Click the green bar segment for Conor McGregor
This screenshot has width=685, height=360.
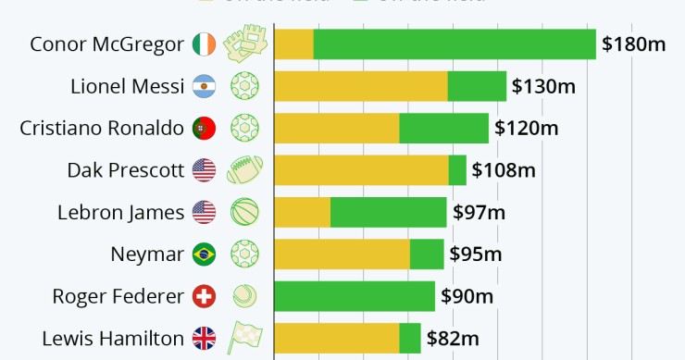[455, 44]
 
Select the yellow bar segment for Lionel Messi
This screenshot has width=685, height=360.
[361, 86]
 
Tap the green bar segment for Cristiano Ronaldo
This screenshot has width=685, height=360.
[443, 128]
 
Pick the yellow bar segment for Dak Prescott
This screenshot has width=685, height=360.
[361, 170]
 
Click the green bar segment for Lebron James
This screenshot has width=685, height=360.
[388, 212]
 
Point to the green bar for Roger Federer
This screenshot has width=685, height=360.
[355, 296]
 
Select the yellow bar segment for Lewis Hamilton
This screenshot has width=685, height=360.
[337, 338]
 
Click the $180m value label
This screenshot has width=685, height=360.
[634, 44]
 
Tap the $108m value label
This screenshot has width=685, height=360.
[504, 170]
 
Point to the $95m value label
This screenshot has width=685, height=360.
[476, 254]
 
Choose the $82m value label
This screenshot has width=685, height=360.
[453, 338]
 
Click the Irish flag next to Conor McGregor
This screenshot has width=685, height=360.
[204, 44]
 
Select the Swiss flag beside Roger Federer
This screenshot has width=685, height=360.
[204, 296]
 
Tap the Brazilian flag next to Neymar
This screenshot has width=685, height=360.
[204, 254]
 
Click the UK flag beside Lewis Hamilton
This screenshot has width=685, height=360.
[204, 338]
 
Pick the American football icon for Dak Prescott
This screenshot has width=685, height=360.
[245, 170]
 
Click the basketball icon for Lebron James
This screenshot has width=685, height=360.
[245, 212]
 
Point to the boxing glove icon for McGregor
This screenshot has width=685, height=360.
[245, 44]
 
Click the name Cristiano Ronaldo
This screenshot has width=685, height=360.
[102, 128]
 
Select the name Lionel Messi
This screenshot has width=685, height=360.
[128, 86]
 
